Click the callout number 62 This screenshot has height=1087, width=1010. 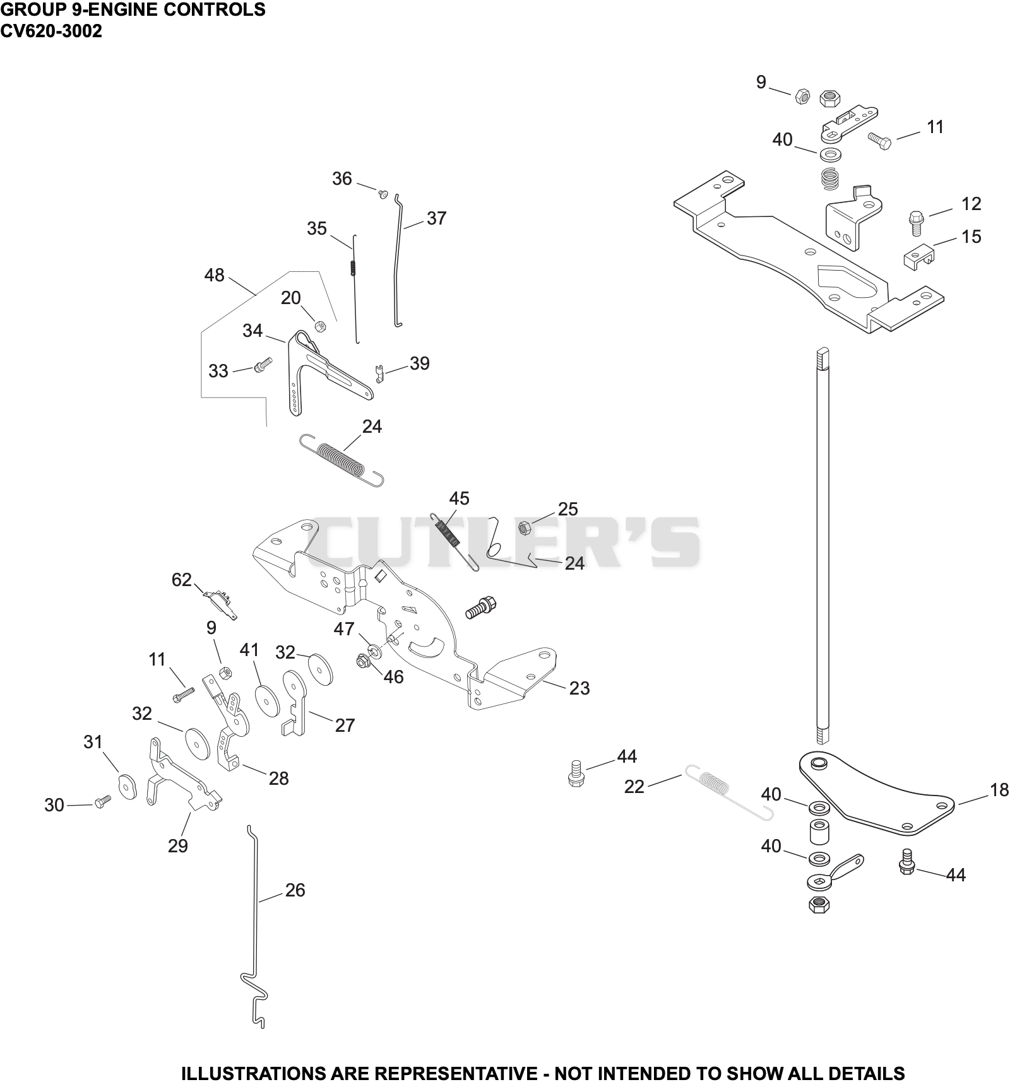click(182, 579)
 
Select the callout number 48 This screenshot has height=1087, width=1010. click(215, 275)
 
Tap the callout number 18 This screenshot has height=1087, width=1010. click(999, 789)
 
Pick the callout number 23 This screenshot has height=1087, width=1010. click(579, 688)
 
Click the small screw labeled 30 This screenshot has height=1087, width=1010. click(102, 801)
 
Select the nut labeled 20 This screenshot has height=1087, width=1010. click(320, 326)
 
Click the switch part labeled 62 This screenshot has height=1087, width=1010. click(221, 604)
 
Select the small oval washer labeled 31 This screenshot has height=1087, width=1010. click(128, 787)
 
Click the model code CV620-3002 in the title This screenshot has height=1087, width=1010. click(51, 31)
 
